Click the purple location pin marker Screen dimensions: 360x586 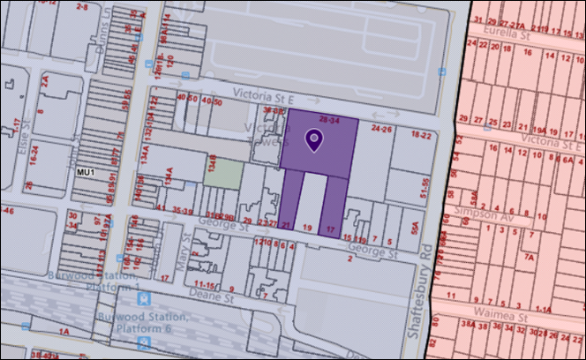[x=313, y=139]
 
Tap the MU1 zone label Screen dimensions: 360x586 [x=86, y=172]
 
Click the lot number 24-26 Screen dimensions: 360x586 [x=381, y=129]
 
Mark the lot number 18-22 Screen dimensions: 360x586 [x=421, y=135]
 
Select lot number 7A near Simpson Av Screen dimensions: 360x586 [x=530, y=257]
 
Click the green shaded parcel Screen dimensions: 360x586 [x=222, y=171]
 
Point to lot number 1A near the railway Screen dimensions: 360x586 [x=64, y=330]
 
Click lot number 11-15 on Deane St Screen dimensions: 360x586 [x=206, y=285]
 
